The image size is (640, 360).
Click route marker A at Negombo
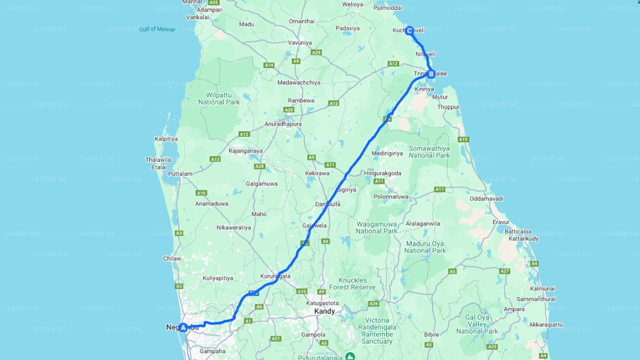click(183, 327)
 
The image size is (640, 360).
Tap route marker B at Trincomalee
click(431, 74)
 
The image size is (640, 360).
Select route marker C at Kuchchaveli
click(409, 30)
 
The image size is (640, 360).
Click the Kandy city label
click(324, 311)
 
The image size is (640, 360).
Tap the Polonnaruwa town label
click(390, 197)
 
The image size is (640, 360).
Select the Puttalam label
click(180, 174)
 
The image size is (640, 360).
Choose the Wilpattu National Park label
click(219, 98)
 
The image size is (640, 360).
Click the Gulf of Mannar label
click(157, 29)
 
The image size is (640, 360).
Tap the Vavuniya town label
click(299, 43)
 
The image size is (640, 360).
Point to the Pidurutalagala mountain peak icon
click(351, 356)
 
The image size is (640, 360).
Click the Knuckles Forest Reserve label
click(356, 283)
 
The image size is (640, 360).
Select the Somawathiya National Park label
click(429, 152)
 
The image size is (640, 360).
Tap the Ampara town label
click(514, 309)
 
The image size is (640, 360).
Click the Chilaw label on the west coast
click(172, 258)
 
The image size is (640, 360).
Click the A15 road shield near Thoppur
click(463, 139)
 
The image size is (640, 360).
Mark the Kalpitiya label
click(166, 139)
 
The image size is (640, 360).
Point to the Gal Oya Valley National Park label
click(477, 324)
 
